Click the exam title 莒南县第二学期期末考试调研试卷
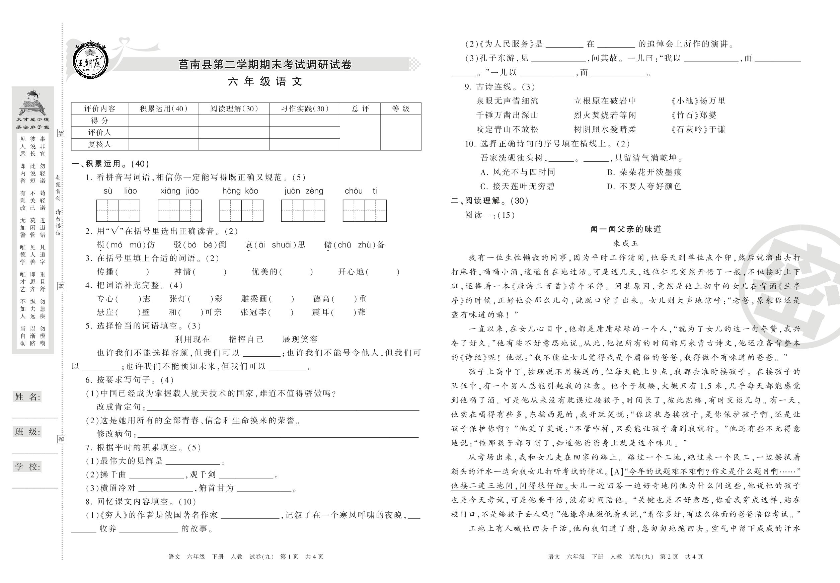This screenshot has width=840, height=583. point(265,65)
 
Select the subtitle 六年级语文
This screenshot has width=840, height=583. point(265,81)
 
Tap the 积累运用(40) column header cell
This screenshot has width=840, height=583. point(163,109)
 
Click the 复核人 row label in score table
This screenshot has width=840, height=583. point(99,144)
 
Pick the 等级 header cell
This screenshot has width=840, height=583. point(401,109)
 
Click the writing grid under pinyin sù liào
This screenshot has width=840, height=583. point(118,211)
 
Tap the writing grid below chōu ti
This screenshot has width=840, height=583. point(365,211)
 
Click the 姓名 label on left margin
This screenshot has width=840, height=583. point(27,397)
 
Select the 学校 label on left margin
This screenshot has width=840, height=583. point(27,466)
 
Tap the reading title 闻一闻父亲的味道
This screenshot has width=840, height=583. point(626,229)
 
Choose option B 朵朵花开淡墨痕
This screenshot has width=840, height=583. point(644,172)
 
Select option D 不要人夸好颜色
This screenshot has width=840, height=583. point(644,187)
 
